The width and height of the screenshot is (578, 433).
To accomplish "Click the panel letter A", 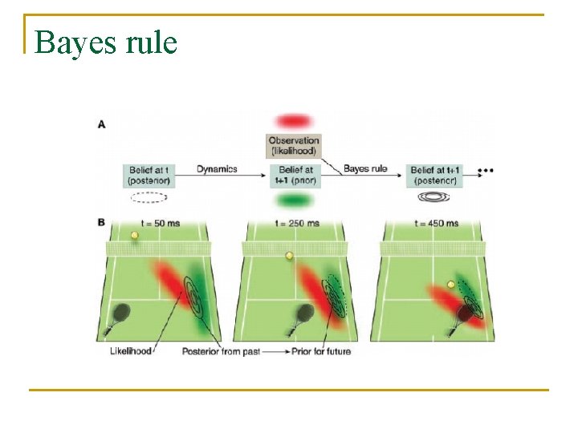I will (101, 124).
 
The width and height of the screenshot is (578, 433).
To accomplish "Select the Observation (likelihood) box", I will (294, 145).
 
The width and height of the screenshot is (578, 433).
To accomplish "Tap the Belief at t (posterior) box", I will (149, 175).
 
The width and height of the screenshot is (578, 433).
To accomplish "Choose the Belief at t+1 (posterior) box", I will (435, 175).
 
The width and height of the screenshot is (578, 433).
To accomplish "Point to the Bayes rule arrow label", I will (365, 168).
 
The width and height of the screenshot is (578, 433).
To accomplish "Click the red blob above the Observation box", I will (293, 121).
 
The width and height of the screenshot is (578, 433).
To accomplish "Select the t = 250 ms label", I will (296, 223).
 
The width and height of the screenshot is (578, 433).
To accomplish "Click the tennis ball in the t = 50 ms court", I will (135, 236).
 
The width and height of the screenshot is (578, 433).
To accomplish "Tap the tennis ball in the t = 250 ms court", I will (289, 257).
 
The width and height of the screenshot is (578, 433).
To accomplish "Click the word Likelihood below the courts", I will (131, 351).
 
